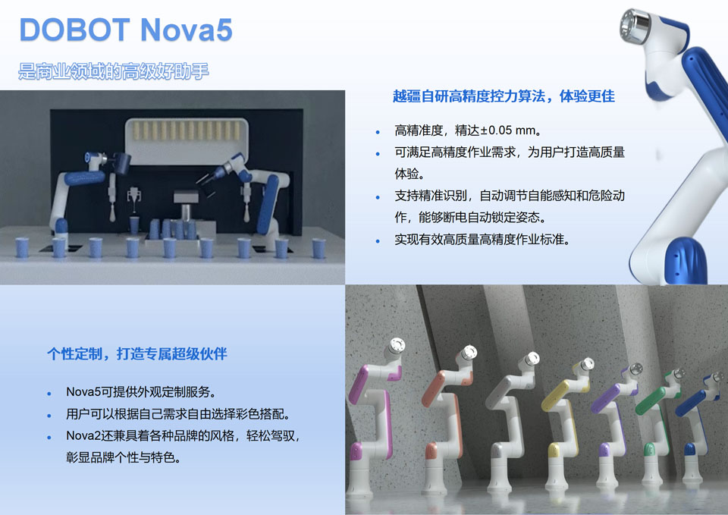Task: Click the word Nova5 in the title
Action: coord(187,30)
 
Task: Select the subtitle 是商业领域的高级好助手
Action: coord(114,72)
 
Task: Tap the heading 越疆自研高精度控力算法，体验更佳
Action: coord(504,96)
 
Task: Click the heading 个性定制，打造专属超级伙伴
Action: coord(137,354)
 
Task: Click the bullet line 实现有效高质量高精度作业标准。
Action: coord(482,240)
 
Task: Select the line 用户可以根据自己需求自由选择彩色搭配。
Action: coord(178,415)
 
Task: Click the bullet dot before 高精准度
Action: coord(378,132)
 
